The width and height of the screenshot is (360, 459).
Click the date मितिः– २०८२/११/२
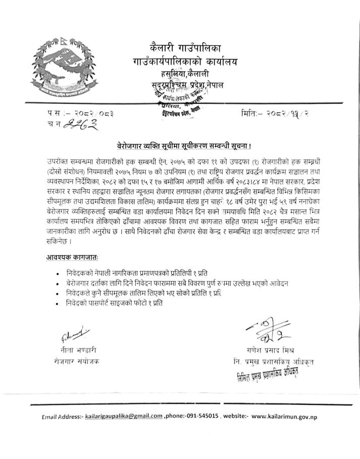tap(275, 114)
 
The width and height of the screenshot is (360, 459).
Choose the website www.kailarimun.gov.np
tap(284, 417)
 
